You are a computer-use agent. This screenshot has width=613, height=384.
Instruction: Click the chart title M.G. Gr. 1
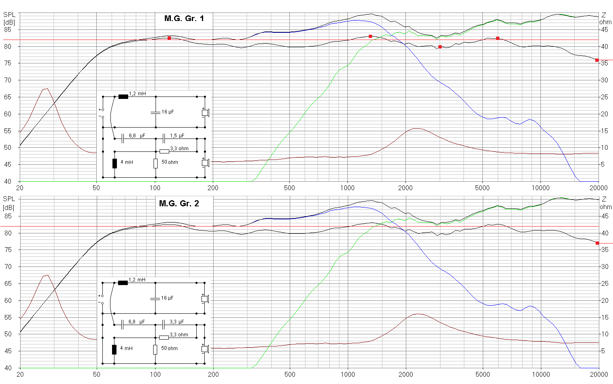point(184,18)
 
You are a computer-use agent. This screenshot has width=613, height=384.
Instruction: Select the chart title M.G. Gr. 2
point(179,204)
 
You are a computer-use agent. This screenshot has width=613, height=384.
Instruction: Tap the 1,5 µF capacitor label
point(177,136)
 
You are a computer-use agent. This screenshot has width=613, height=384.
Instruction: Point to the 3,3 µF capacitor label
point(177,322)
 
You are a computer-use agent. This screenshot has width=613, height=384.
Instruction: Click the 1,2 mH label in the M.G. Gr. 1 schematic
point(137,94)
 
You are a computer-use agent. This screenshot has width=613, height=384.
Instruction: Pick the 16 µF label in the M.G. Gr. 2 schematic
point(167,298)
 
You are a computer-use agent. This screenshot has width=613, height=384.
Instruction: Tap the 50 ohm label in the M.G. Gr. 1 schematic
point(170,162)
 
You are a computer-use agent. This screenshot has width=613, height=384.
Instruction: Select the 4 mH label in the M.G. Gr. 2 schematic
point(126,348)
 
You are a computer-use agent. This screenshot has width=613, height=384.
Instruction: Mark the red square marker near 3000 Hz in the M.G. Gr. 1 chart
point(440,47)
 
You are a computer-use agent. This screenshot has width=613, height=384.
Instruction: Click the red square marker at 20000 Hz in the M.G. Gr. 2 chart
point(597,243)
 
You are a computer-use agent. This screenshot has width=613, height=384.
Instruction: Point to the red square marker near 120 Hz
point(169,38)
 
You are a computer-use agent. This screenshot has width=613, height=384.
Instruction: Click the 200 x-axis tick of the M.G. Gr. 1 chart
point(213,188)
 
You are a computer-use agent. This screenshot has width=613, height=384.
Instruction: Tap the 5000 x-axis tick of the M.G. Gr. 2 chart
point(482,374)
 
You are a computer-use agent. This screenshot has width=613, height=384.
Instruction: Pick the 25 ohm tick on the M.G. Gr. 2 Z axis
point(604,283)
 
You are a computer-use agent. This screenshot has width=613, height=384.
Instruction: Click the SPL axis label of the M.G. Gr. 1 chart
point(9,15)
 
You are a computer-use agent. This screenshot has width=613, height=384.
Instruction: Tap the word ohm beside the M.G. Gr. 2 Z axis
point(605,207)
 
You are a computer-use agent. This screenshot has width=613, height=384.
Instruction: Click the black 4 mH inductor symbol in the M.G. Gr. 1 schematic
point(114,163)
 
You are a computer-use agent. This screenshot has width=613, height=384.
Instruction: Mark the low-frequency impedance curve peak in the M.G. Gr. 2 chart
point(47,275)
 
